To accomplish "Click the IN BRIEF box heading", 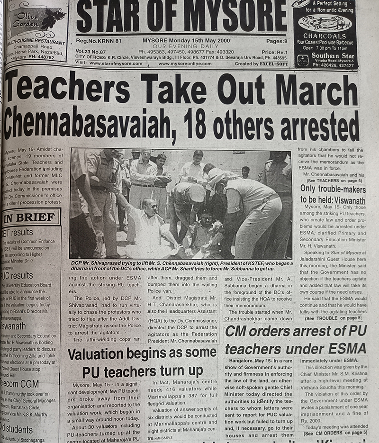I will click(x=29, y=218).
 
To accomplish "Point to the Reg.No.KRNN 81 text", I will click(x=99, y=42).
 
